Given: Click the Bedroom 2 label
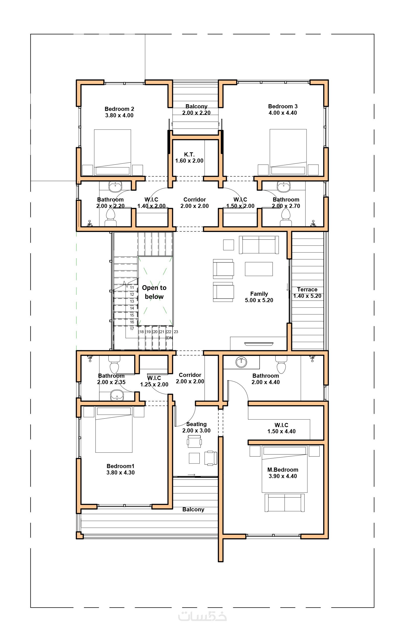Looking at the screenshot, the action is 119,109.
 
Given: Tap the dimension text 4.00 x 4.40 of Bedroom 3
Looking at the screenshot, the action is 283,113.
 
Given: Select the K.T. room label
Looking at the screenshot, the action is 189,155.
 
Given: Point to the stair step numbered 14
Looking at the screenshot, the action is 132,308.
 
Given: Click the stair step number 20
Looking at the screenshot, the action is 155,332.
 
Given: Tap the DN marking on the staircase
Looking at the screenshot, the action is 170,338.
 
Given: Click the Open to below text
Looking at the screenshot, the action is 154,292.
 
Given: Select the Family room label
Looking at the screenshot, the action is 259,294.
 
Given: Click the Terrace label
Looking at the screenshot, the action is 307,290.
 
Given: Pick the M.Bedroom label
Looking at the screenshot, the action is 283,470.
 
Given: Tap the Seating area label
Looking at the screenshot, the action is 196,424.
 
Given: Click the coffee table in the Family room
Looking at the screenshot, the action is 259,269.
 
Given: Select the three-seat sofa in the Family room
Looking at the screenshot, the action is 259,245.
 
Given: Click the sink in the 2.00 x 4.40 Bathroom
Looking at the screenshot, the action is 241,362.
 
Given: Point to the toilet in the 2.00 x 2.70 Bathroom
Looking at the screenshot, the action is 286,217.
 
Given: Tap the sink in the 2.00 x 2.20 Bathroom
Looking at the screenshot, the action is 115,187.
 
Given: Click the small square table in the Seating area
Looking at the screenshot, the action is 194,458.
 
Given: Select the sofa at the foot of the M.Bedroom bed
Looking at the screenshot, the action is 285,503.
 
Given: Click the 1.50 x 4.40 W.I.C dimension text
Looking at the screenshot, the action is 282,431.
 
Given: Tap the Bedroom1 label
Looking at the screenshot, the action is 120,466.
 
